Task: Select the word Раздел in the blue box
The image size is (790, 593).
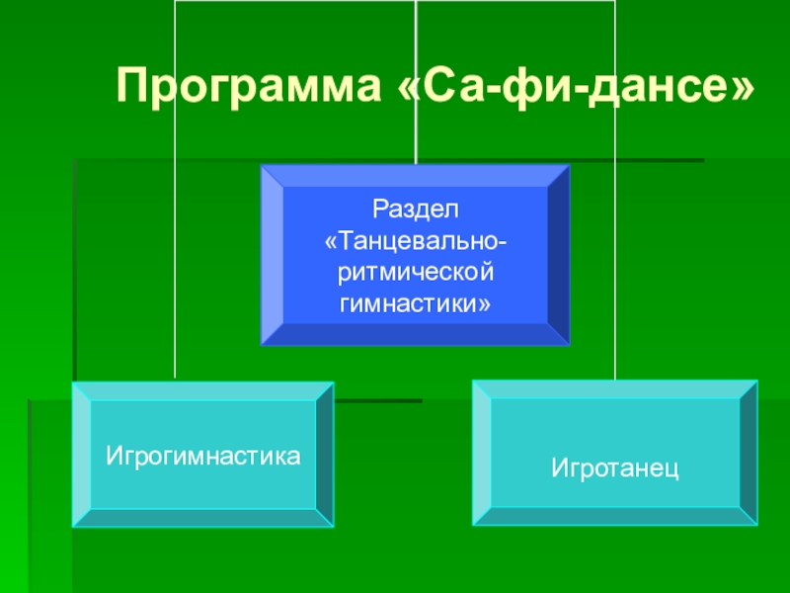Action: (x=416, y=210)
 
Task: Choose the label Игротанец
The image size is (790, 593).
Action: (x=614, y=463)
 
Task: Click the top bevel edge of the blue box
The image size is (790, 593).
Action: (x=416, y=175)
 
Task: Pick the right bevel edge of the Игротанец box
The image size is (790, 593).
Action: (x=749, y=453)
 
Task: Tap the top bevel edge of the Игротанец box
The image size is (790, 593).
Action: (x=614, y=389)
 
